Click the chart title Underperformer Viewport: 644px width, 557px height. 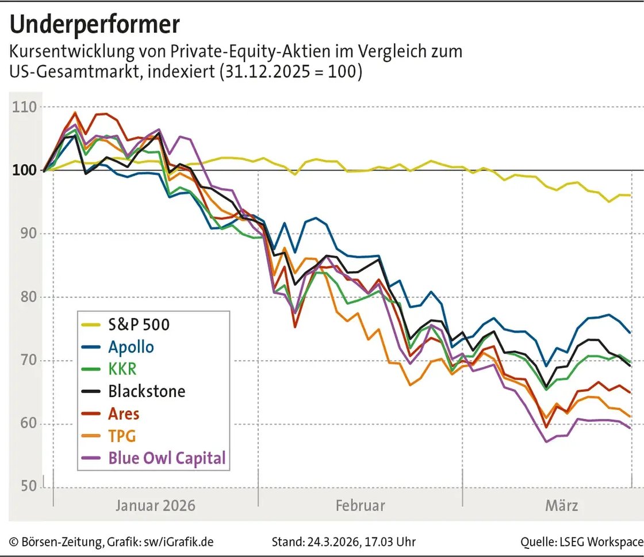click(x=95, y=24)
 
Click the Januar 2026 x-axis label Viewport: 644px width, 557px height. click(x=155, y=506)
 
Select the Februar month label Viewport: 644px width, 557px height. click(x=360, y=506)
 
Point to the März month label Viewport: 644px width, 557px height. click(x=561, y=506)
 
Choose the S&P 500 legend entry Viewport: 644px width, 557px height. click(x=139, y=325)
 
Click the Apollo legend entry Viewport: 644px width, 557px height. click(x=131, y=347)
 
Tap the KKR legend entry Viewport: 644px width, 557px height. click(x=122, y=369)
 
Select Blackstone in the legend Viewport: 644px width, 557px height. click(x=147, y=391)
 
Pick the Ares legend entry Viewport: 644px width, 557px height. click(x=124, y=414)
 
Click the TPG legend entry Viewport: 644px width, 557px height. click(x=122, y=436)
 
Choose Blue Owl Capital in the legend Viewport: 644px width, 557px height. click(x=167, y=458)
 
